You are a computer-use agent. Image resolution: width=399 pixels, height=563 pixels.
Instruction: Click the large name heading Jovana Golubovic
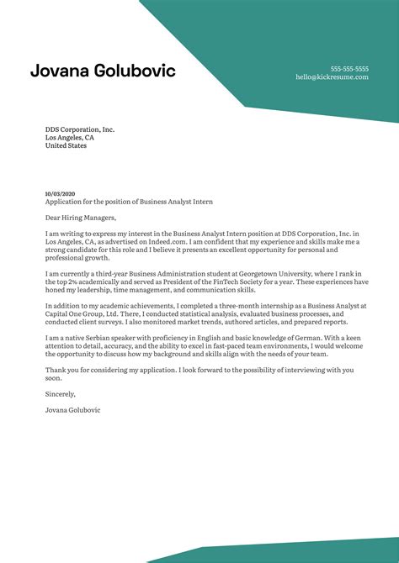point(103,71)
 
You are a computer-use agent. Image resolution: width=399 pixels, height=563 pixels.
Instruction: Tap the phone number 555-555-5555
point(349,68)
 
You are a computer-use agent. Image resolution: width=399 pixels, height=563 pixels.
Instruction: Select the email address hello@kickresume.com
point(332,76)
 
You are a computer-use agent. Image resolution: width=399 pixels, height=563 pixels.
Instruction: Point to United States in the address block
point(66,145)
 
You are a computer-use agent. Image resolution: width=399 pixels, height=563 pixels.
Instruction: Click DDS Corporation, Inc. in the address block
point(80,129)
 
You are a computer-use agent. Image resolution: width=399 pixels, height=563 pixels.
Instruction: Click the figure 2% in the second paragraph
point(75,281)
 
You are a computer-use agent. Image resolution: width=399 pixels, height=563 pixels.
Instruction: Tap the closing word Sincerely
point(61,393)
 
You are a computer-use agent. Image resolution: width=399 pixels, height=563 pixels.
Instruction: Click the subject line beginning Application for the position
point(129,202)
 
